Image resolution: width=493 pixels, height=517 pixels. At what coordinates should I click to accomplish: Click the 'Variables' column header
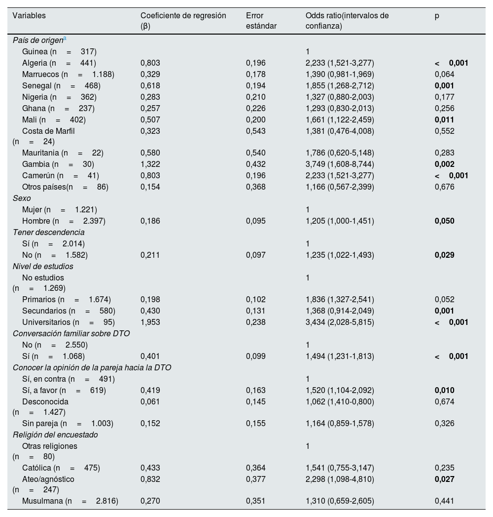click(x=29, y=16)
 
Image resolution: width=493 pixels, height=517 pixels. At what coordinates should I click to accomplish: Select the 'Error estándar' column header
click(x=261, y=21)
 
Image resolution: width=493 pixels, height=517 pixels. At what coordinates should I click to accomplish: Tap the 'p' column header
click(x=437, y=16)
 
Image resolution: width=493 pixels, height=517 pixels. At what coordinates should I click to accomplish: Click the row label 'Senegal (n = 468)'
click(x=61, y=85)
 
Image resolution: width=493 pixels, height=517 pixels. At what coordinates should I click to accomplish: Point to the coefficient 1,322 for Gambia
click(x=150, y=164)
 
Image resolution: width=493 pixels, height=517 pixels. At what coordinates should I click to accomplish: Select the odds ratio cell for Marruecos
click(x=340, y=74)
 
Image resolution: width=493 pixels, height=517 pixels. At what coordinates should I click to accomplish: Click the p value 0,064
click(x=444, y=74)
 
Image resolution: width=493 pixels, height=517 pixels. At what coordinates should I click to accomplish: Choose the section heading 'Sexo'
click(x=22, y=198)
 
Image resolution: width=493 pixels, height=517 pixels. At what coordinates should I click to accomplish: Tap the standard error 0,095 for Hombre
click(x=255, y=221)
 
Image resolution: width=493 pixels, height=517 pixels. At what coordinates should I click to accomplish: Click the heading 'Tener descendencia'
click(x=48, y=232)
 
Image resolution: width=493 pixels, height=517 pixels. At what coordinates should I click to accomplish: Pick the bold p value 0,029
click(x=444, y=255)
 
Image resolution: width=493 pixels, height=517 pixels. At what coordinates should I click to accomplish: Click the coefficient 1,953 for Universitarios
click(x=150, y=322)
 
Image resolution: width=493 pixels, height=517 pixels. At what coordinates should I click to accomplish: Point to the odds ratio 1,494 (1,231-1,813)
click(x=340, y=356)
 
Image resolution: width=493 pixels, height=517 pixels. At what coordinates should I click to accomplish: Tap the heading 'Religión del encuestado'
click(x=55, y=435)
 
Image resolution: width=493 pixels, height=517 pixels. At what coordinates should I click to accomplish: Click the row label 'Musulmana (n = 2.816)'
click(x=70, y=501)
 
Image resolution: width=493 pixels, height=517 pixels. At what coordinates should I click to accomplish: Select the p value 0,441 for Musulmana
click(x=444, y=501)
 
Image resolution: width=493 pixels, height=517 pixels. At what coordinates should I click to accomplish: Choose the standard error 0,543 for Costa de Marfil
click(x=255, y=131)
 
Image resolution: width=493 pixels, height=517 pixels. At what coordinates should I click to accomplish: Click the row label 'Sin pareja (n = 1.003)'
click(x=68, y=423)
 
